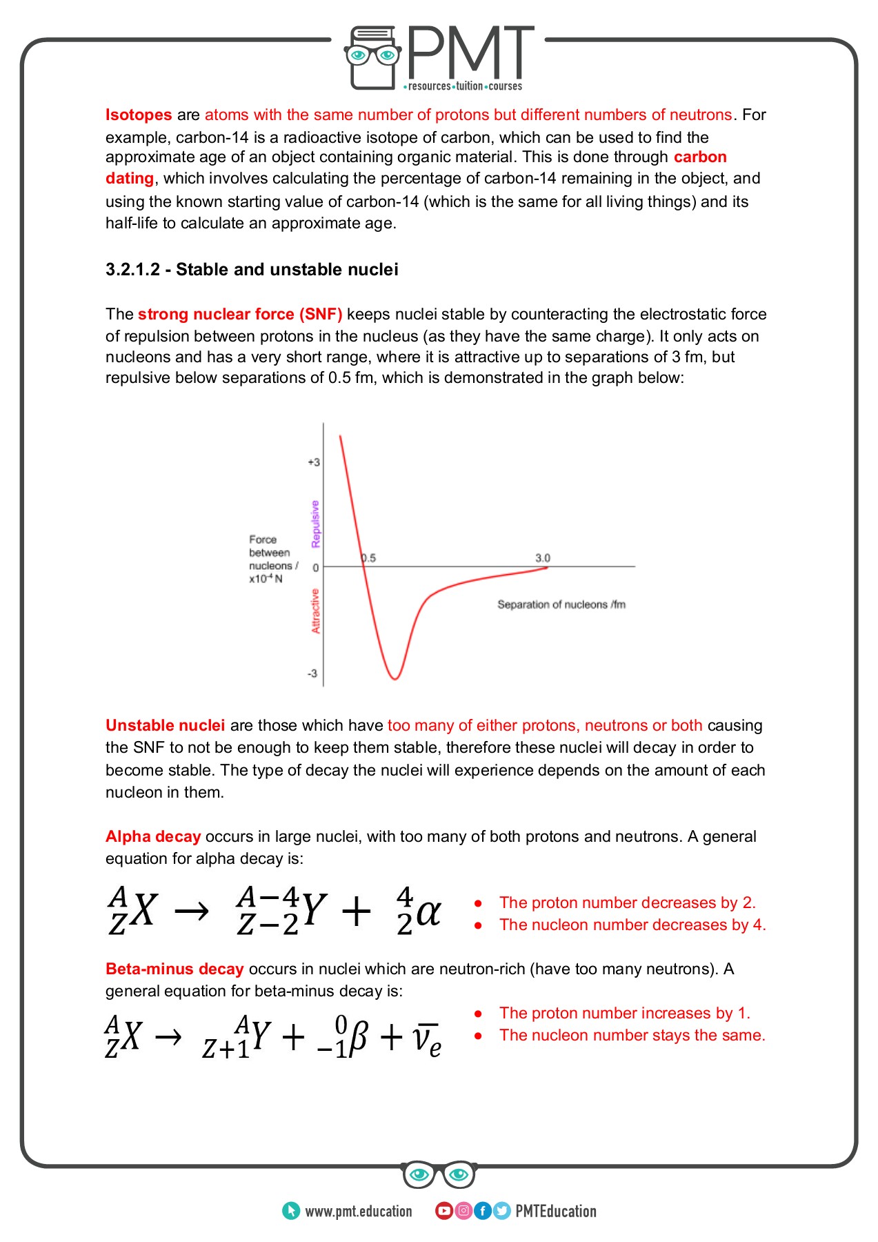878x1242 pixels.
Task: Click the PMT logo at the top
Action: pos(439,59)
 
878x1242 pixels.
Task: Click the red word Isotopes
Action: pos(139,115)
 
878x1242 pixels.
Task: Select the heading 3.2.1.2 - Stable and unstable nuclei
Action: pos(252,269)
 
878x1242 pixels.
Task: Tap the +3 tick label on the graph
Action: pos(314,462)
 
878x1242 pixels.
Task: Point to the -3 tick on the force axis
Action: pos(312,673)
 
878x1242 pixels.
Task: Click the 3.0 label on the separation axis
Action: pos(543,558)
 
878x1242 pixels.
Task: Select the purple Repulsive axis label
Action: pos(316,524)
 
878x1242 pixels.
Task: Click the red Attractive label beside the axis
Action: pos(316,611)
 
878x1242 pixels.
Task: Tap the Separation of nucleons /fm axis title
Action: pos(561,604)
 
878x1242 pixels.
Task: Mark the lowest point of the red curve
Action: pos(395,679)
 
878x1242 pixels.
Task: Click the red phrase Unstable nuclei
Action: pos(165,725)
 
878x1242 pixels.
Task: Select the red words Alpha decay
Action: pos(153,836)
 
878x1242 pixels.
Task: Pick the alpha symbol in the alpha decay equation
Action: pos(428,912)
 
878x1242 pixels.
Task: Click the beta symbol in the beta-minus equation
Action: pos(358,1037)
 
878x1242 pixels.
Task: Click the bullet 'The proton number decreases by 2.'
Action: pos(627,903)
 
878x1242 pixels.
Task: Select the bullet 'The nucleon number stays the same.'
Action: pos(632,1035)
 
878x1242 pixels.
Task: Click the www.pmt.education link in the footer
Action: pos(358,1211)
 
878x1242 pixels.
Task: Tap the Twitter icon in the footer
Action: pos(502,1211)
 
